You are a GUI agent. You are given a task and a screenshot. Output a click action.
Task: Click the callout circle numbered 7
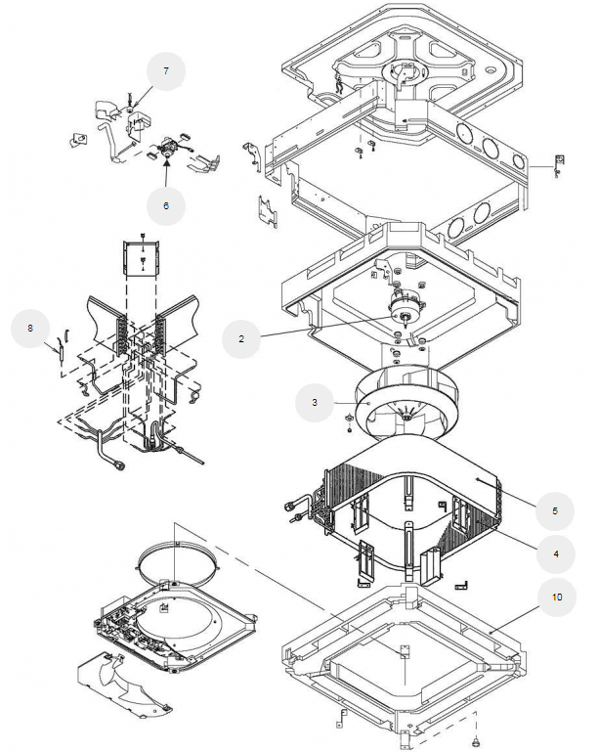point(166,70)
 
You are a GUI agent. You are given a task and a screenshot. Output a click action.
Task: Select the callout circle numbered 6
point(166,206)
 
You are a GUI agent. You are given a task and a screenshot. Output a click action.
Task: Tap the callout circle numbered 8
point(31,330)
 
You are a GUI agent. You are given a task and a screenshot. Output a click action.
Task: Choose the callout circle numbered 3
point(315,401)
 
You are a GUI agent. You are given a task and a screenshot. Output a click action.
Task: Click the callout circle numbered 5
point(554,509)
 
